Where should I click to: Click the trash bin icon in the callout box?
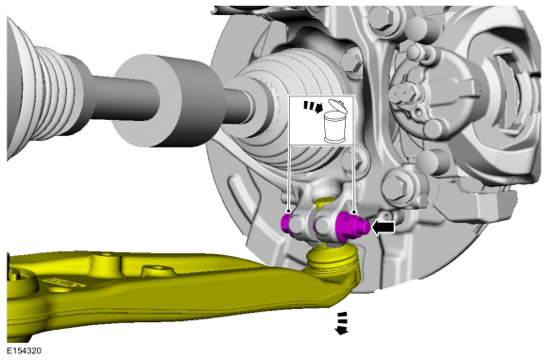click(334, 121)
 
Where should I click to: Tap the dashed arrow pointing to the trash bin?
click(313, 107)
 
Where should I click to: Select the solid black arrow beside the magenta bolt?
click(383, 228)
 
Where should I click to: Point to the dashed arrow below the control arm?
click(342, 323)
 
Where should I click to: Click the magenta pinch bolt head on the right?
click(351, 227)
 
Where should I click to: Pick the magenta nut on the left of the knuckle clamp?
click(286, 223)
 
